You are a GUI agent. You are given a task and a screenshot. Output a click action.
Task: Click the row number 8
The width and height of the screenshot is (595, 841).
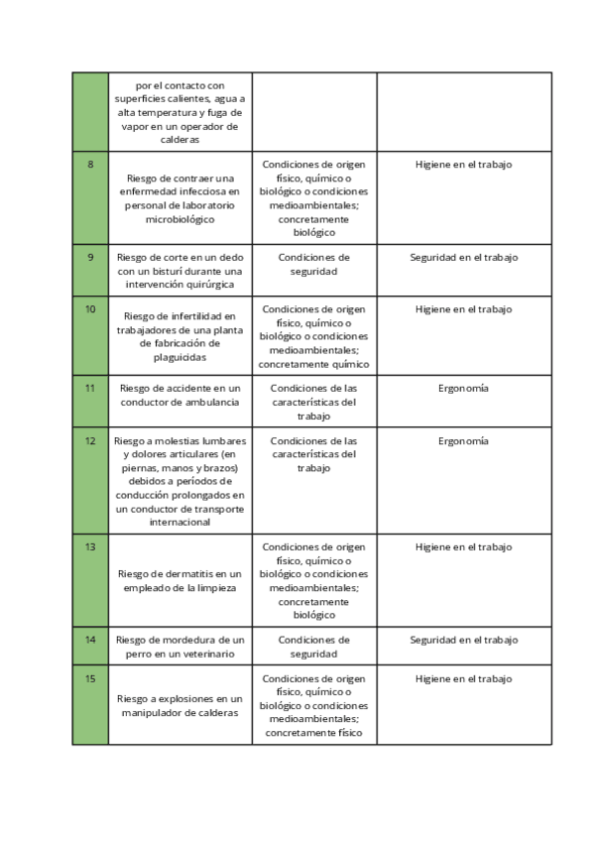coord(90,165)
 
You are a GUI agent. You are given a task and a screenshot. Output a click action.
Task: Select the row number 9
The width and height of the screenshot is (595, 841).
coord(90,258)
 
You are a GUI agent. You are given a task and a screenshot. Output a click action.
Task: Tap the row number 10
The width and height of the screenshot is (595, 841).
coord(90,309)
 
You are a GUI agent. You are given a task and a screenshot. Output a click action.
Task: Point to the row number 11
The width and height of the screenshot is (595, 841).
coord(90,388)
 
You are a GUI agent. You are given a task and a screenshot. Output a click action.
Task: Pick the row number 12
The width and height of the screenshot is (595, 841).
coord(90,441)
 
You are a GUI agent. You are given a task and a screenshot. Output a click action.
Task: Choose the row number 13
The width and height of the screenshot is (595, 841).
coord(90,546)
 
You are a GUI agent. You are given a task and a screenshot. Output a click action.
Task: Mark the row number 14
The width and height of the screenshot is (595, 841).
coord(90,640)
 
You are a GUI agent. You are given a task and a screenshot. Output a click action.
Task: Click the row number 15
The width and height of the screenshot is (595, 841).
coord(90,679)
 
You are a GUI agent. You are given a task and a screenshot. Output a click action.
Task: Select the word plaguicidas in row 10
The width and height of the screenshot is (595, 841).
coord(179,356)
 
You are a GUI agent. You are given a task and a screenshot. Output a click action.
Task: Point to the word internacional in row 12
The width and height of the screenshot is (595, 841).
coord(179,523)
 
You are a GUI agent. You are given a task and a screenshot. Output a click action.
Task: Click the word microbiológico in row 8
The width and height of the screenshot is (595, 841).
coord(179,219)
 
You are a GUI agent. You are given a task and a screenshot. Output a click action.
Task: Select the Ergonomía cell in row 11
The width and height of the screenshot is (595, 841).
coord(463,389)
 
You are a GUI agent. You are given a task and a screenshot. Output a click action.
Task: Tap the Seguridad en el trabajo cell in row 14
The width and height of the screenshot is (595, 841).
coord(463,641)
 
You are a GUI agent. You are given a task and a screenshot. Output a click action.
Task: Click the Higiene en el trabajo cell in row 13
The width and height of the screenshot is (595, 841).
coord(463,547)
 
